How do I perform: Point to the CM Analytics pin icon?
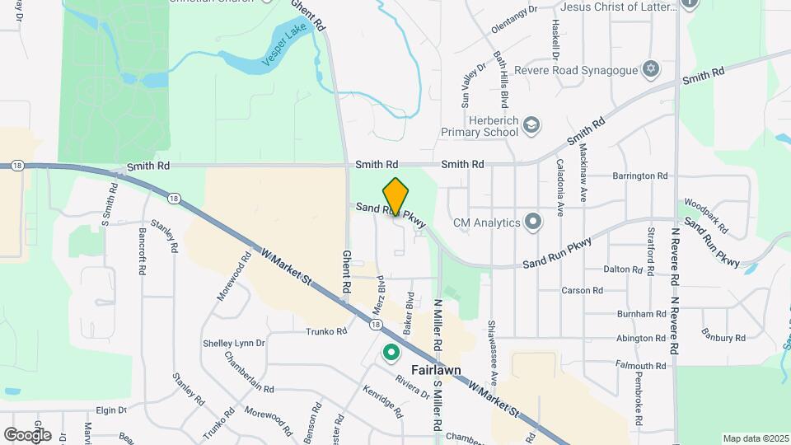533,221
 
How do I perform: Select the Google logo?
27,434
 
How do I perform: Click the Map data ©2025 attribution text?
756,438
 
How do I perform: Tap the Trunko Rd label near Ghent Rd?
329,332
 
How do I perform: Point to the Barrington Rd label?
639,176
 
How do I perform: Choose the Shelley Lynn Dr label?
234,343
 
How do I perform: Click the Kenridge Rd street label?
385,398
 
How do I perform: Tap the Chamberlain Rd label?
250,372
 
